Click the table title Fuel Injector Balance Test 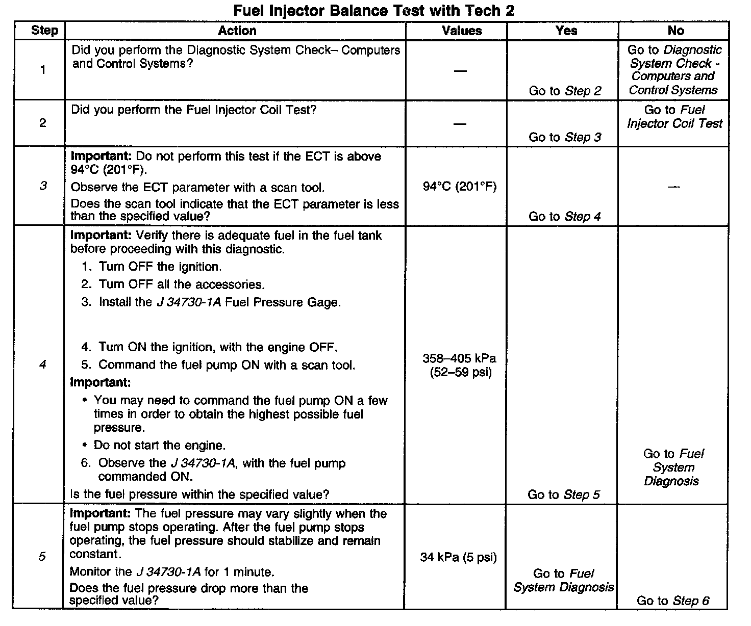click(373, 10)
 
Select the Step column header click(44, 31)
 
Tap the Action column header click(237, 31)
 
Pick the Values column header click(462, 31)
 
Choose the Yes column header click(566, 31)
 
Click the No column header click(675, 31)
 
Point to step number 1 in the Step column click(43, 70)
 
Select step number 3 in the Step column click(43, 186)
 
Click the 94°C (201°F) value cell click(459, 187)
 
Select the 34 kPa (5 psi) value click(458, 557)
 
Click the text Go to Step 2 click(565, 91)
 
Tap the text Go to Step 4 click(564, 217)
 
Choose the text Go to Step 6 click(672, 601)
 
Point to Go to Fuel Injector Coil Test click(674, 117)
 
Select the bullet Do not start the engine click(159, 446)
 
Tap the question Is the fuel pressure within click(199, 494)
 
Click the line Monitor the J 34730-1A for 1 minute click(172, 572)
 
